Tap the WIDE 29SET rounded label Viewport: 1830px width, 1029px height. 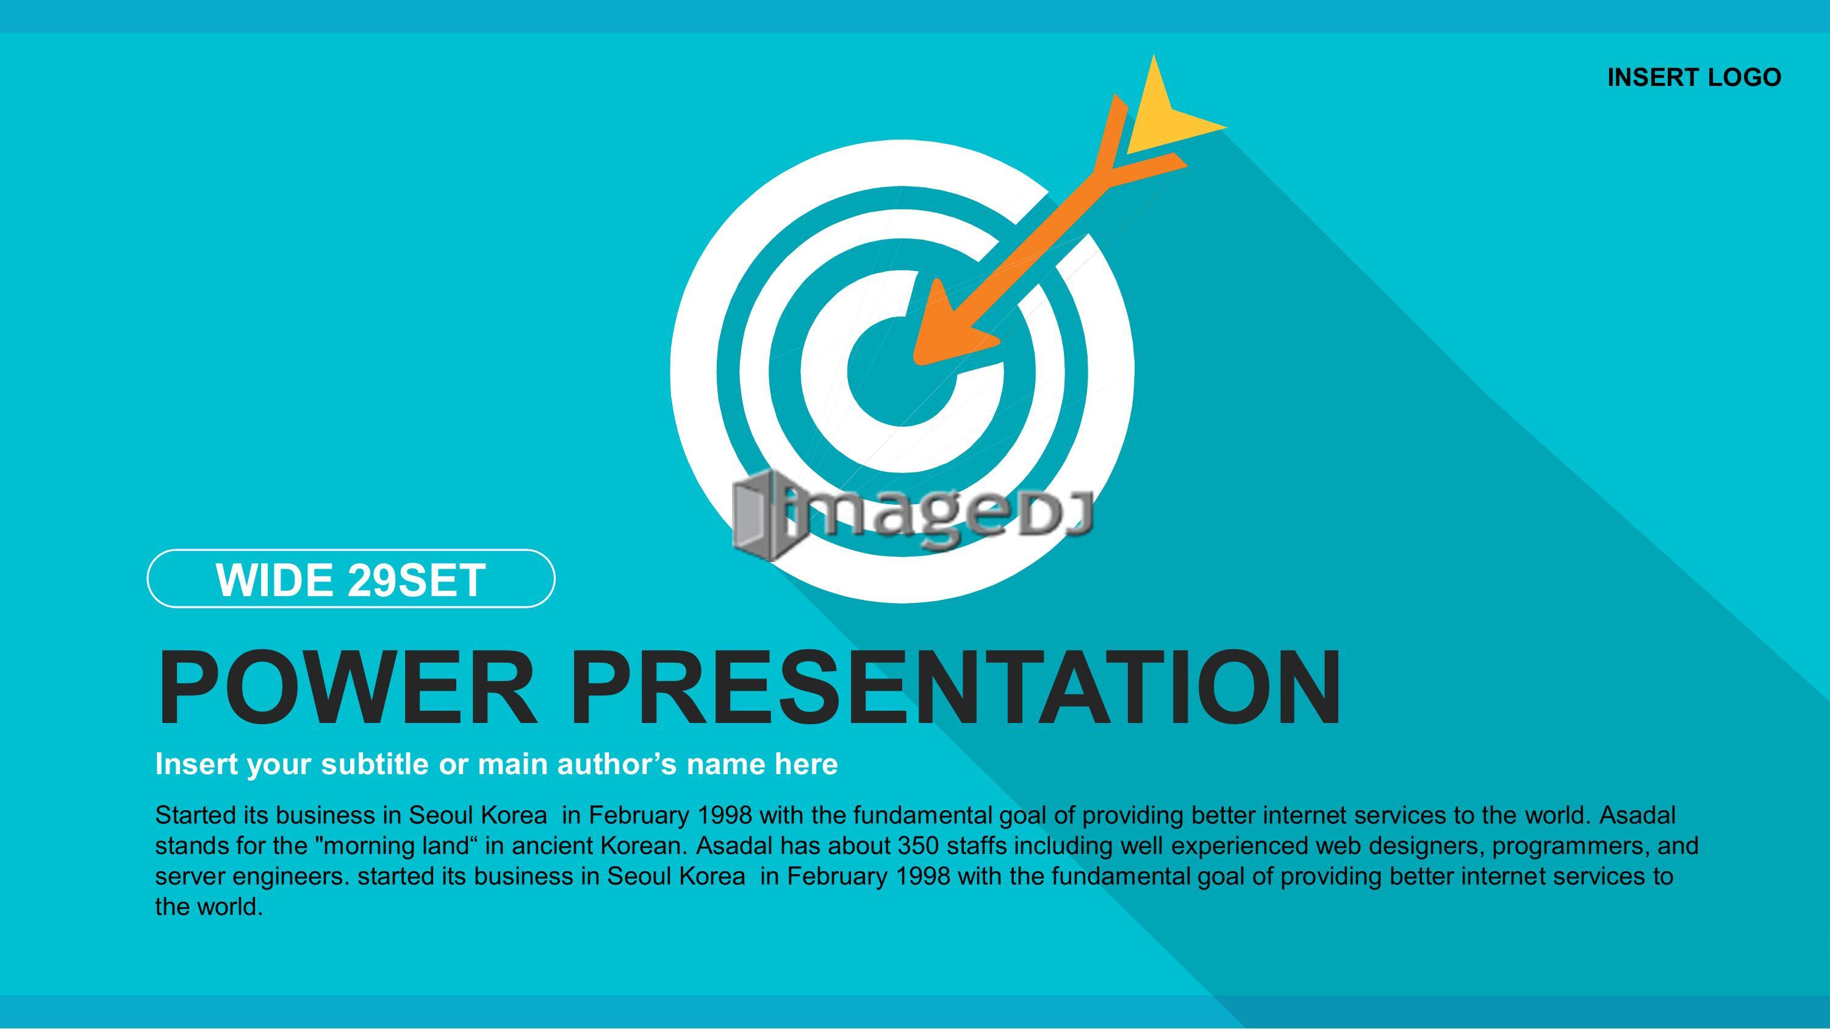pos(351,578)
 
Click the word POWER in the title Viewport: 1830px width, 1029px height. pos(345,688)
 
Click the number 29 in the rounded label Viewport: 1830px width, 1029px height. pos(372,580)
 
